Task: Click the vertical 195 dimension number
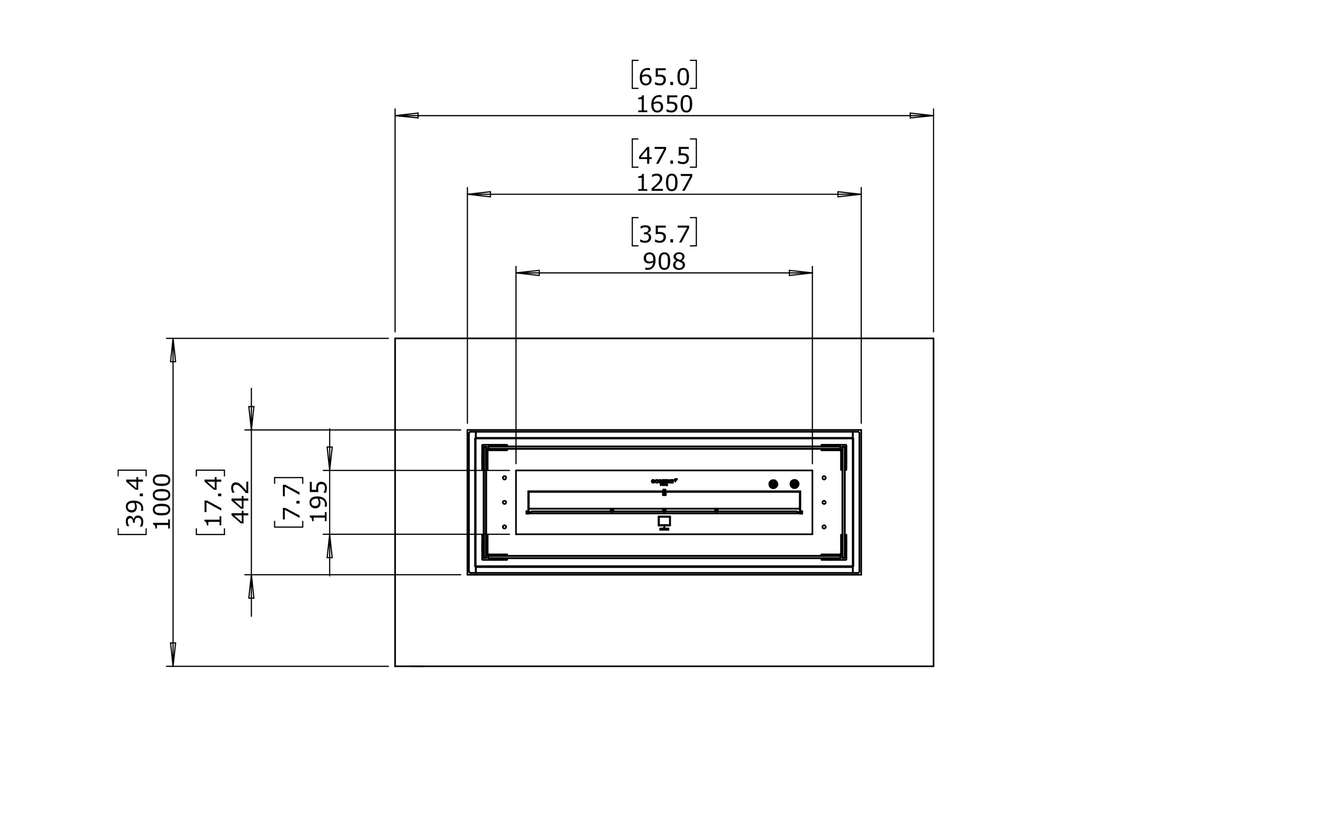318,501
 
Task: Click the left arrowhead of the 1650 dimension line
406,116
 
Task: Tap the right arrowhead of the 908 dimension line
801,273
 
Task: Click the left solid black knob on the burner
773,484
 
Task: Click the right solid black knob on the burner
794,484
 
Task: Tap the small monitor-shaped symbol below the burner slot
664,522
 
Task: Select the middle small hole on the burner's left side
504,502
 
